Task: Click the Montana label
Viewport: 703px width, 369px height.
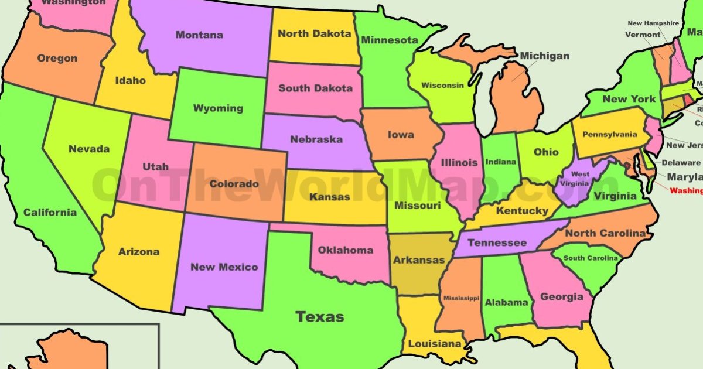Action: (199, 35)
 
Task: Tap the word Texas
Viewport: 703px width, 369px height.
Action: (319, 317)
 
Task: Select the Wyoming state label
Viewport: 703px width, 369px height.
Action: (218, 108)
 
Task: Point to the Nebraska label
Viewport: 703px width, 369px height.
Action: (316, 139)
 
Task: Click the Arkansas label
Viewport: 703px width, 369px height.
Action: (419, 260)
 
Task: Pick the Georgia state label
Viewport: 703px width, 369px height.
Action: (561, 297)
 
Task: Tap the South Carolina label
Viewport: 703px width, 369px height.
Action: (591, 258)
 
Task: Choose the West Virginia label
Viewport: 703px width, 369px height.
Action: (580, 179)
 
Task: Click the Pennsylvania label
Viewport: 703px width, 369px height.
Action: (610, 135)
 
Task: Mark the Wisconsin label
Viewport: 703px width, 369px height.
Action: (442, 85)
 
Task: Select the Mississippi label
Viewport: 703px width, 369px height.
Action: (461, 298)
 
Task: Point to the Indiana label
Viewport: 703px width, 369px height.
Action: (501, 162)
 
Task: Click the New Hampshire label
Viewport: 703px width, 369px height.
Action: (653, 23)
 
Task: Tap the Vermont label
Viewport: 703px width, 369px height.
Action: (642, 35)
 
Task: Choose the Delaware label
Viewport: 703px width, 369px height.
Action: (680, 163)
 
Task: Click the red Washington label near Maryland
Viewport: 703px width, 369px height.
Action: (686, 190)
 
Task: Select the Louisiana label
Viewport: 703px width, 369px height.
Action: (435, 344)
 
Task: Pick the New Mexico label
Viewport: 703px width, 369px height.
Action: (224, 267)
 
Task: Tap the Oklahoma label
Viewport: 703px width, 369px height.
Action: (345, 250)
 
